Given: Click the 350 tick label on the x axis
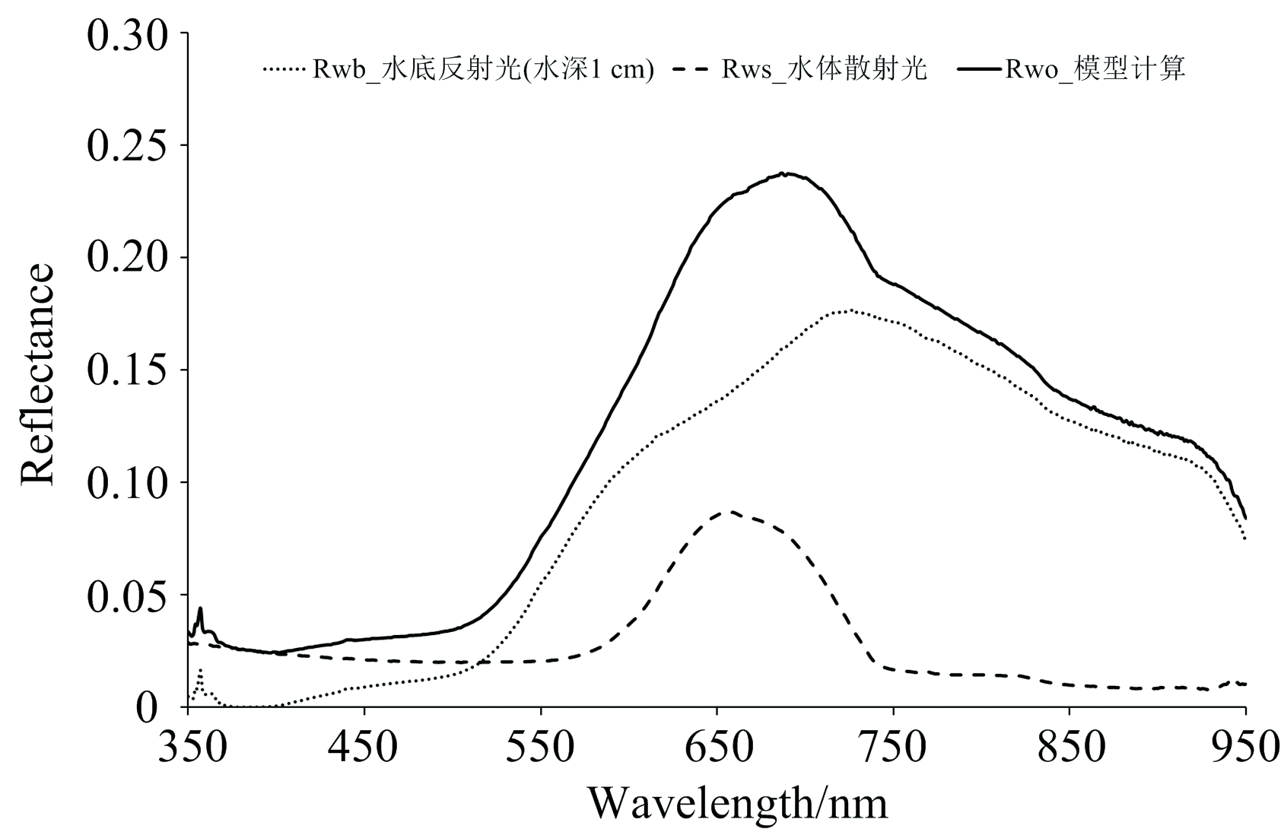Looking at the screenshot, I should (192, 748).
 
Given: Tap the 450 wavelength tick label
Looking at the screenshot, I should (364, 748).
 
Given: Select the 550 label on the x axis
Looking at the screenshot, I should (540, 748).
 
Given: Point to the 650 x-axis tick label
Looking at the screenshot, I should (717, 748).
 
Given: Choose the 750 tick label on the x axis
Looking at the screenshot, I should (893, 748).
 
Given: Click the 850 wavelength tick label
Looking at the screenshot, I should (1069, 748).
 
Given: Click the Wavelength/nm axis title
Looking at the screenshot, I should (737, 802).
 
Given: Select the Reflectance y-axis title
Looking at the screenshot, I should (38, 374).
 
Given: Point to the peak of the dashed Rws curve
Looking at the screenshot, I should (730, 511).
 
